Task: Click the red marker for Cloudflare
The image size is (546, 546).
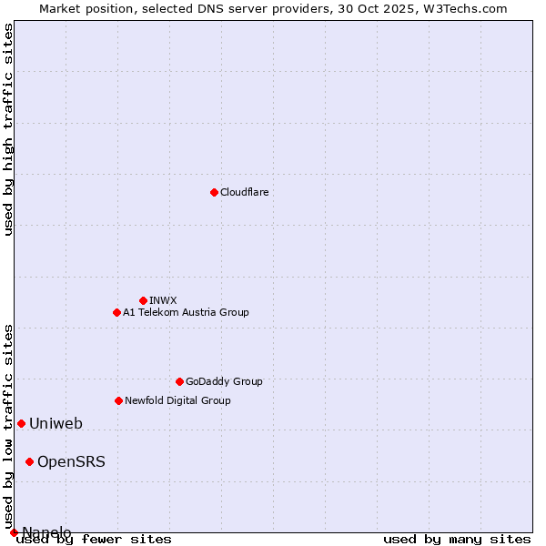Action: click(x=214, y=192)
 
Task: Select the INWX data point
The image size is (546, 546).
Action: click(x=143, y=300)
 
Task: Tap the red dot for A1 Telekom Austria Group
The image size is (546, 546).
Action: click(x=116, y=312)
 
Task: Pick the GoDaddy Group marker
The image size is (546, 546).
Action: click(x=179, y=381)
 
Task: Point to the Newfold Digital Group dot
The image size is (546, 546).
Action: click(x=118, y=400)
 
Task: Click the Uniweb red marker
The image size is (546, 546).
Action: click(x=21, y=423)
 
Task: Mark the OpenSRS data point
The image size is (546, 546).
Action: click(x=29, y=461)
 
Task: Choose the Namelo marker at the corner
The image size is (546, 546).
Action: click(x=14, y=532)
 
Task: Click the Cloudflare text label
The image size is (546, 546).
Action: click(x=244, y=192)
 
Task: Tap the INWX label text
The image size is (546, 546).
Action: click(x=163, y=300)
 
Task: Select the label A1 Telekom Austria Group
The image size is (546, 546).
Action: click(x=186, y=312)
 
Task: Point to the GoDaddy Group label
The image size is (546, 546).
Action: click(x=224, y=381)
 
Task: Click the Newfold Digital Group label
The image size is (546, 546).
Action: click(x=177, y=400)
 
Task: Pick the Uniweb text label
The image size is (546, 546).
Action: click(x=56, y=423)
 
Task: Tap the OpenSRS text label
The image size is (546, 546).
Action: click(x=71, y=461)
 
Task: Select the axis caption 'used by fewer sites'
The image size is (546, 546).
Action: click(x=94, y=540)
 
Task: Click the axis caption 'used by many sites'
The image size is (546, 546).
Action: click(x=457, y=540)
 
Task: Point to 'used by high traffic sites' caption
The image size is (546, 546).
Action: click(x=8, y=129)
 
